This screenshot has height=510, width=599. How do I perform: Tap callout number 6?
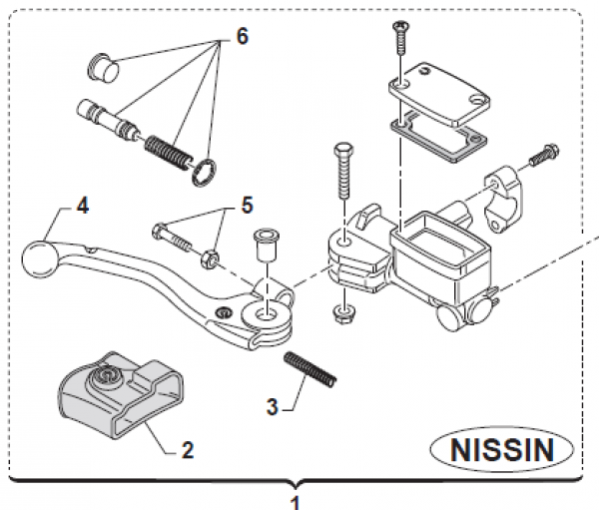point(242,37)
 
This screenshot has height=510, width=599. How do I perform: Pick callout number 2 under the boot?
point(187,449)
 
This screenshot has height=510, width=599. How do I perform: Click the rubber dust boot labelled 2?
point(116,394)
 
